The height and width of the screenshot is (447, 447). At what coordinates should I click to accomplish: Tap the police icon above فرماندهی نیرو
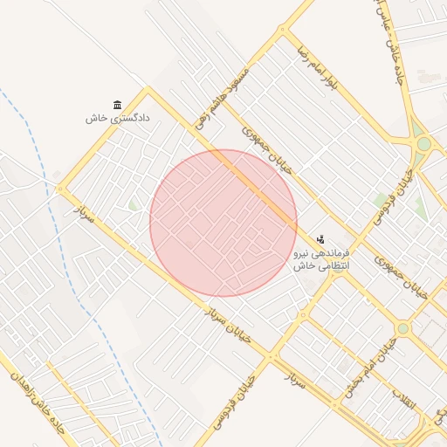click(x=320, y=237)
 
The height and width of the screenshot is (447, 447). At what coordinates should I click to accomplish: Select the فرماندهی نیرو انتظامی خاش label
click(x=320, y=258)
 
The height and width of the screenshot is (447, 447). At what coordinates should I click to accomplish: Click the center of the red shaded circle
click(x=223, y=223)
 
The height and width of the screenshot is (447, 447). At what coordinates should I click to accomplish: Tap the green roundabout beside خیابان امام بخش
click(x=402, y=329)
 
